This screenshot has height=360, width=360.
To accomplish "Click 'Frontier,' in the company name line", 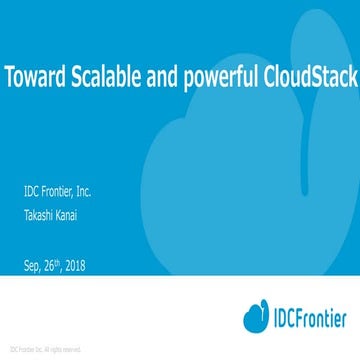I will [x=65, y=192].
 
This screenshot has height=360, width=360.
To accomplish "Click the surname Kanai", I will [x=78, y=213].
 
